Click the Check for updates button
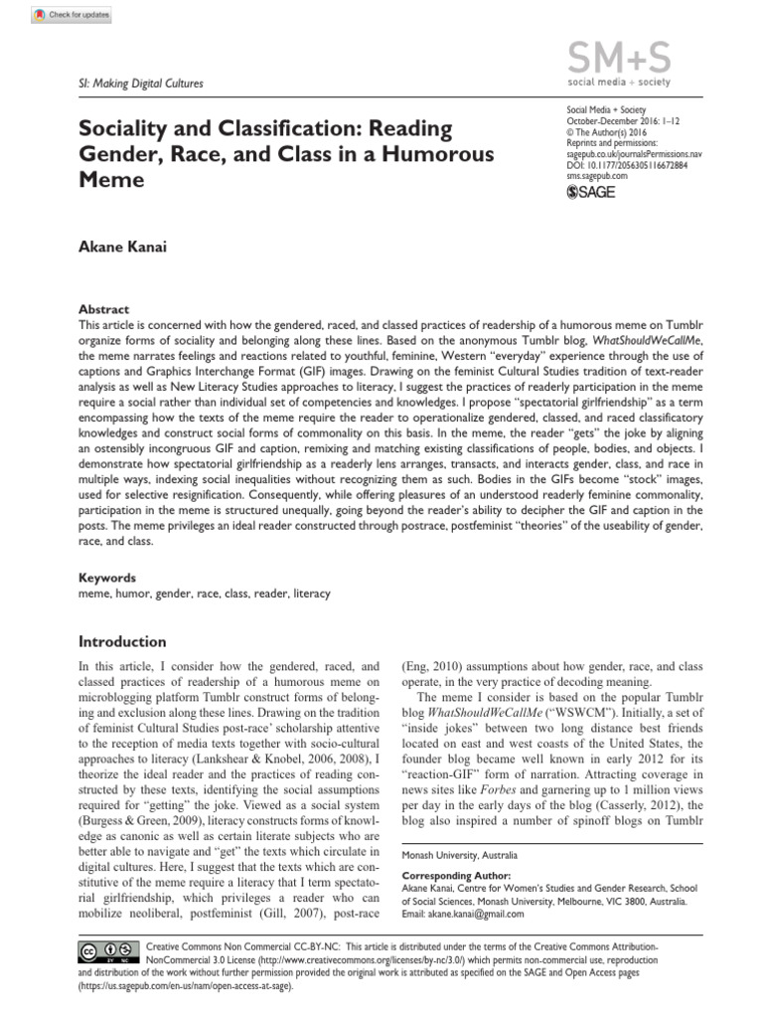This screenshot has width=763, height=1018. click(x=71, y=15)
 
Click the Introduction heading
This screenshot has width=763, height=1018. click(x=124, y=641)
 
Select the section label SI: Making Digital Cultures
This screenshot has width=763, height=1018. click(x=139, y=84)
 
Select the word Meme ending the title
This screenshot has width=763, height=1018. click(x=111, y=180)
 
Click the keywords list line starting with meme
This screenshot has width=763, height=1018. click(x=204, y=594)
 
